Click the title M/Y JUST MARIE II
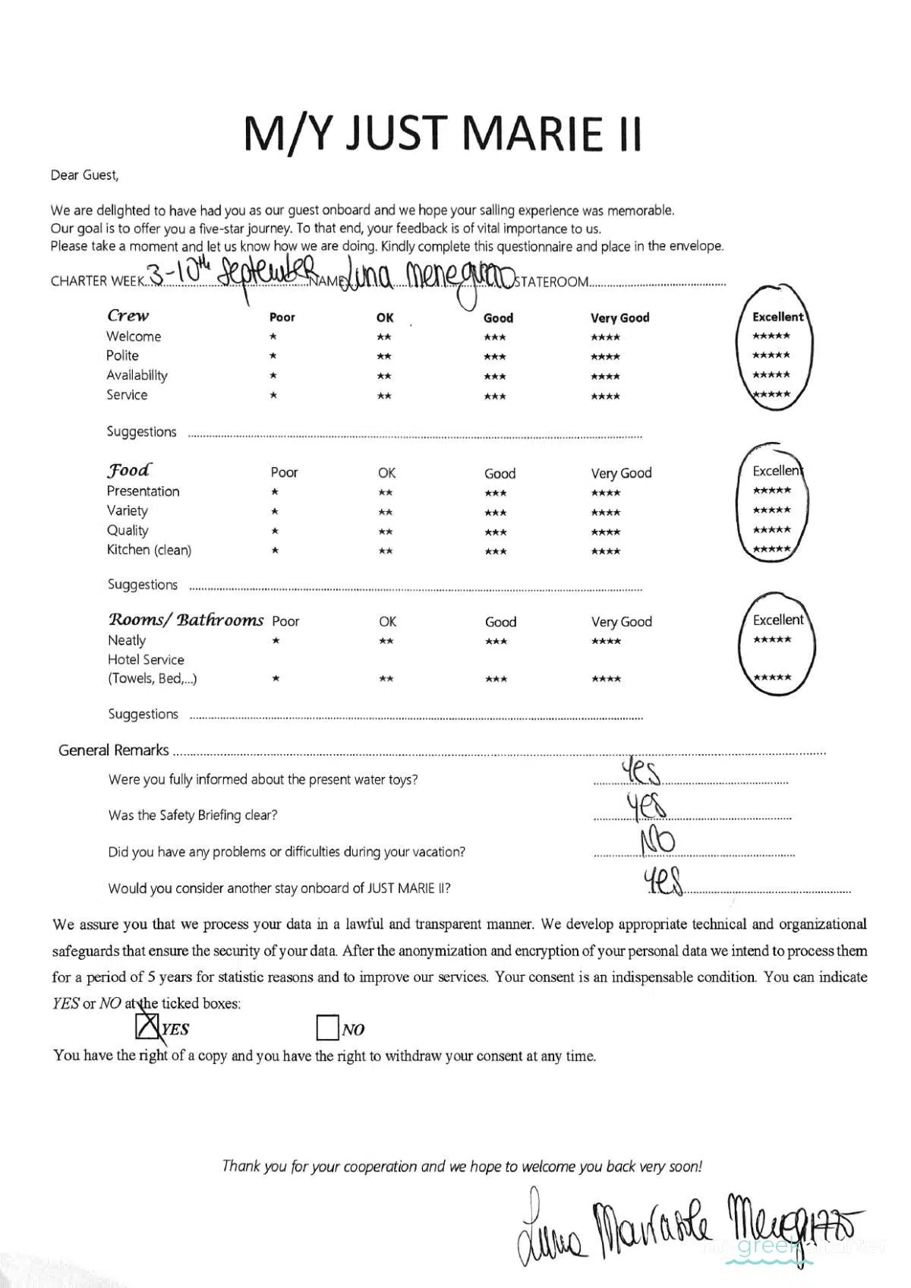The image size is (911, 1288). [x=443, y=133]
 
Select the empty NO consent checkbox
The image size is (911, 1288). [x=327, y=1028]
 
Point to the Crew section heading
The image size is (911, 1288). [x=128, y=315]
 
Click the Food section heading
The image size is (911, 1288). [x=128, y=470]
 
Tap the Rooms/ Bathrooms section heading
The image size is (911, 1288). [x=185, y=620]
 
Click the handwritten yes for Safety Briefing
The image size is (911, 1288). [x=645, y=806]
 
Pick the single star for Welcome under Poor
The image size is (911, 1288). [x=273, y=336]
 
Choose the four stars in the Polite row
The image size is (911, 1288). [x=605, y=357]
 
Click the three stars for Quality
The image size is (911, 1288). [x=495, y=532]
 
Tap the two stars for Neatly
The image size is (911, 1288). [x=386, y=642]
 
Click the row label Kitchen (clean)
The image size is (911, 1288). [x=149, y=550]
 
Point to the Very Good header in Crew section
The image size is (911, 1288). [x=619, y=317]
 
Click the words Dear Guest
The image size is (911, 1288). [x=84, y=175]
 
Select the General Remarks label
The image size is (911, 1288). [x=114, y=750]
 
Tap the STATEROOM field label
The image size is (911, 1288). [x=551, y=282]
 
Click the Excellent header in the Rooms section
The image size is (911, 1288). [x=777, y=620]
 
